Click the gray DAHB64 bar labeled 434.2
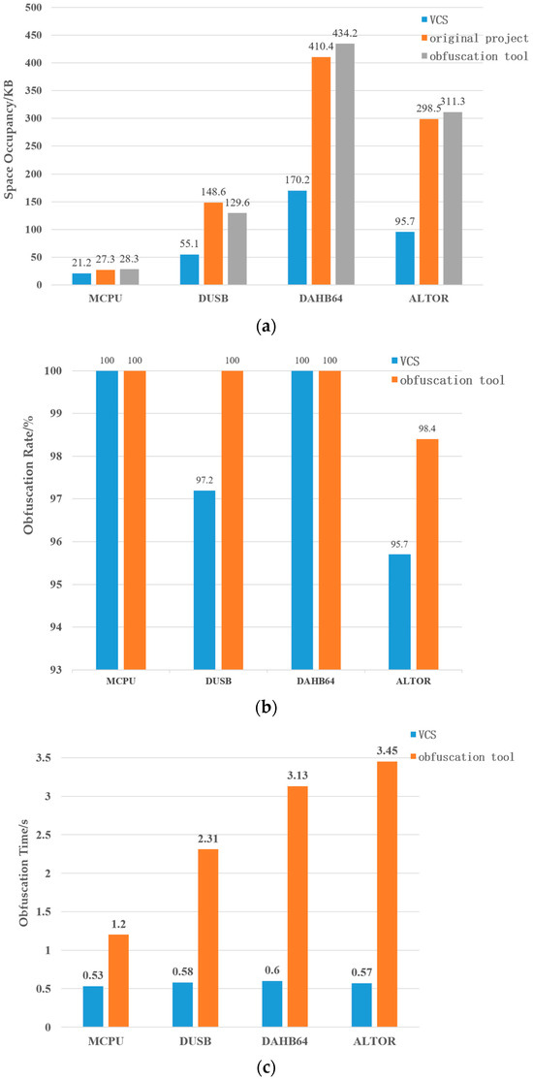coord(345,164)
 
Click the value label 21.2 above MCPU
coord(81,264)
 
